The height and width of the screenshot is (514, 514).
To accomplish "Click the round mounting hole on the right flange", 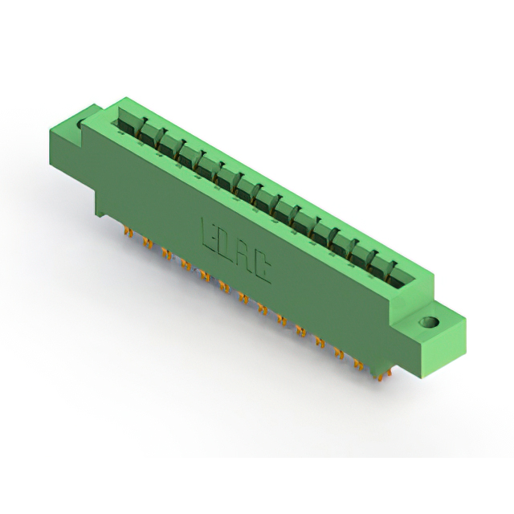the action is (429, 321).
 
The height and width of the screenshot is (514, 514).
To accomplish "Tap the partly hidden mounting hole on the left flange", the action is (79, 124).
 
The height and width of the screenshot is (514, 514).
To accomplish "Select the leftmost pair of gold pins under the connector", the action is (128, 232).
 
